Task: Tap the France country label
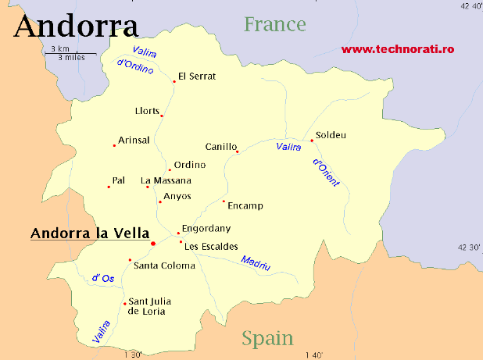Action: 274,24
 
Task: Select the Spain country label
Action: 267,338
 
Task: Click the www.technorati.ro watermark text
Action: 397,49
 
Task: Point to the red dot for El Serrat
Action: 174,80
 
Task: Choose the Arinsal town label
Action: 134,140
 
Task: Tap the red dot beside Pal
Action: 109,187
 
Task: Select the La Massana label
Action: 166,180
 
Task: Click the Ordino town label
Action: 190,165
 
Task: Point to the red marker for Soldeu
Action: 312,141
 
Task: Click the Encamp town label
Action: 245,206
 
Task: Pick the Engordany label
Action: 206,229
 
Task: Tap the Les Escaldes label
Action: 212,247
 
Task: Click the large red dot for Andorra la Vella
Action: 153,244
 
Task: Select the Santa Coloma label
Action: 164,266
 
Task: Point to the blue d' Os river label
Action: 102,278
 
